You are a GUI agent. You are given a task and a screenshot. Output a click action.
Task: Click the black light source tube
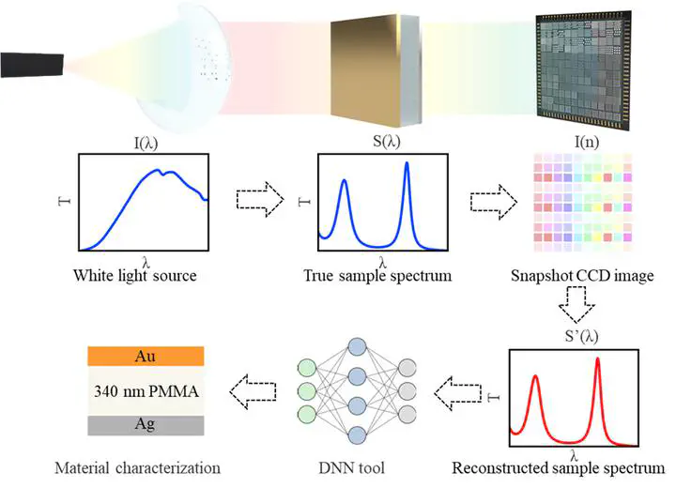pos(32,65)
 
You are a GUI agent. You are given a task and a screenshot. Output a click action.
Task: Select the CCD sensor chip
pos(584,69)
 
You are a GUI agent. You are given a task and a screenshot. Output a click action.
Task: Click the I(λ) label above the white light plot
pos(146,143)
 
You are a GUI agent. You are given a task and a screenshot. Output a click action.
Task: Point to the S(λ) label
pos(387,142)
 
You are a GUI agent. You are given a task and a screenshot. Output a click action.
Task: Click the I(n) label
pos(587,142)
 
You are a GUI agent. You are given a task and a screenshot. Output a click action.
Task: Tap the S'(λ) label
pos(581,336)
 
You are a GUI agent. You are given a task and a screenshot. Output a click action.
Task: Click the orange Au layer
pos(146,356)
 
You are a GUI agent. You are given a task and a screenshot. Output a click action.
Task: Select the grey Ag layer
pos(146,425)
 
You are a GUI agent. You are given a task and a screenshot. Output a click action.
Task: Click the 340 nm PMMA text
pos(146,391)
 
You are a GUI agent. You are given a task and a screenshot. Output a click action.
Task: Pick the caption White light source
pos(135,276)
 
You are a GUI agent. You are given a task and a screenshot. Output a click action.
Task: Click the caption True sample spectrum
pos(377,276)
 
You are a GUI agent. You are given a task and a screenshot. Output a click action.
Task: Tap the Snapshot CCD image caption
pos(582,276)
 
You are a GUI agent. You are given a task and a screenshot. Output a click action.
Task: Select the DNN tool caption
pos(351,467)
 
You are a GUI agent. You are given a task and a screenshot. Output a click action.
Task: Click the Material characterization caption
pos(137,467)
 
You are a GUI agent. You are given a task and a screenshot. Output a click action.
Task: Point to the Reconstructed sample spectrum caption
pos(559,467)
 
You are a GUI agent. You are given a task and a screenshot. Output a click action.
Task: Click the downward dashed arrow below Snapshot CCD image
pos(576,305)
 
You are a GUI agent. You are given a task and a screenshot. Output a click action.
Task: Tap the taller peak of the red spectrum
pos(597,358)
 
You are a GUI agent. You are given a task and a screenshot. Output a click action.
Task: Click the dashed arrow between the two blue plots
pos(260,199)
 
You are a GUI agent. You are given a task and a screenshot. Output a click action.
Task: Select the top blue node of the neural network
pos(357,347)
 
